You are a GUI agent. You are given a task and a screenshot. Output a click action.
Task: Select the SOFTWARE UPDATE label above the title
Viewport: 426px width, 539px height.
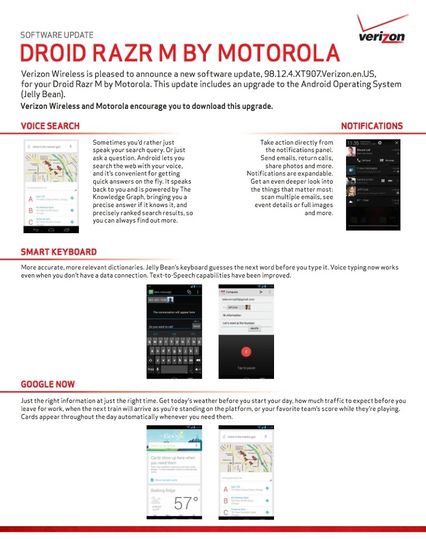tap(57, 35)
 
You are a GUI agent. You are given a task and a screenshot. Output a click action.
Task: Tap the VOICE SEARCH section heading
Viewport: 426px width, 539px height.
tap(50, 126)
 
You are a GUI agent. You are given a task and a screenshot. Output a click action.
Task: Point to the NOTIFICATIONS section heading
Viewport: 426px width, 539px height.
tap(372, 126)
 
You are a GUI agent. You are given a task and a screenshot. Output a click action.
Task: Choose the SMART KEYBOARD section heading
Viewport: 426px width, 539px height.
tap(58, 252)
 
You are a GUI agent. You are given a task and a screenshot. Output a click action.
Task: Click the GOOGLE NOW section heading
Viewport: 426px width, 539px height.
tap(48, 384)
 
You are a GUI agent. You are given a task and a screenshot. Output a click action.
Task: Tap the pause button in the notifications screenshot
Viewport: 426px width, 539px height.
tap(383, 180)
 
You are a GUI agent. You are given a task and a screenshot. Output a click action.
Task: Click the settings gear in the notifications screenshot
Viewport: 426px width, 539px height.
tap(379, 143)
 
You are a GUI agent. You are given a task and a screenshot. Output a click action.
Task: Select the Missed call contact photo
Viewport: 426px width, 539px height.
tap(351, 152)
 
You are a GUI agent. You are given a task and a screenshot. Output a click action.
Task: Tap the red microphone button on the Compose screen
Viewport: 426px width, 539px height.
tap(246, 352)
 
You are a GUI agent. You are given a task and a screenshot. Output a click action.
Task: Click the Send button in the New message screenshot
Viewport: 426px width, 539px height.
tap(196, 326)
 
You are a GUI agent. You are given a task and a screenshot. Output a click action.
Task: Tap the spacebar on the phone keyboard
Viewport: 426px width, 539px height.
tap(174, 369)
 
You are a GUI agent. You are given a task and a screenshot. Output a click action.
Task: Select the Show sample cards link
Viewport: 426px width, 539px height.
tap(166, 480)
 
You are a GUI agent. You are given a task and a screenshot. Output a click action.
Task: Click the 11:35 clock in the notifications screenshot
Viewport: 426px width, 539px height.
tap(353, 143)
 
